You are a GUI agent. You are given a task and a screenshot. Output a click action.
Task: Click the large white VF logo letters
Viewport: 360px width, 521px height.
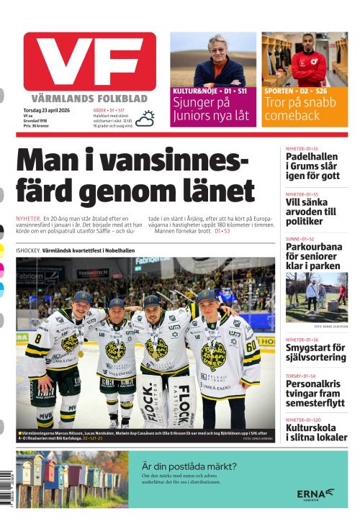(x=89, y=60)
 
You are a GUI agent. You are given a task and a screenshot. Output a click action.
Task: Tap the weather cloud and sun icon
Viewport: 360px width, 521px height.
(x=145, y=118)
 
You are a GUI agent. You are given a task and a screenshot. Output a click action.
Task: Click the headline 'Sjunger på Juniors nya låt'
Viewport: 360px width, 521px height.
(x=212, y=109)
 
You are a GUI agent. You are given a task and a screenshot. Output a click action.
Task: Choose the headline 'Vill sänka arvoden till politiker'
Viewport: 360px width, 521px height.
(x=311, y=212)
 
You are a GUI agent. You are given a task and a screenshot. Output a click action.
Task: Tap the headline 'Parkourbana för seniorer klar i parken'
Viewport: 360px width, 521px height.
(x=314, y=255)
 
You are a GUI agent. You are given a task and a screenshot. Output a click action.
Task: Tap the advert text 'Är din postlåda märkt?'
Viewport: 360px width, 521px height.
(x=189, y=466)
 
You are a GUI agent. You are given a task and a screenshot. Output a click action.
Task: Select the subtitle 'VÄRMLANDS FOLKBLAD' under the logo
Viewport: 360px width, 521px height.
(x=89, y=98)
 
